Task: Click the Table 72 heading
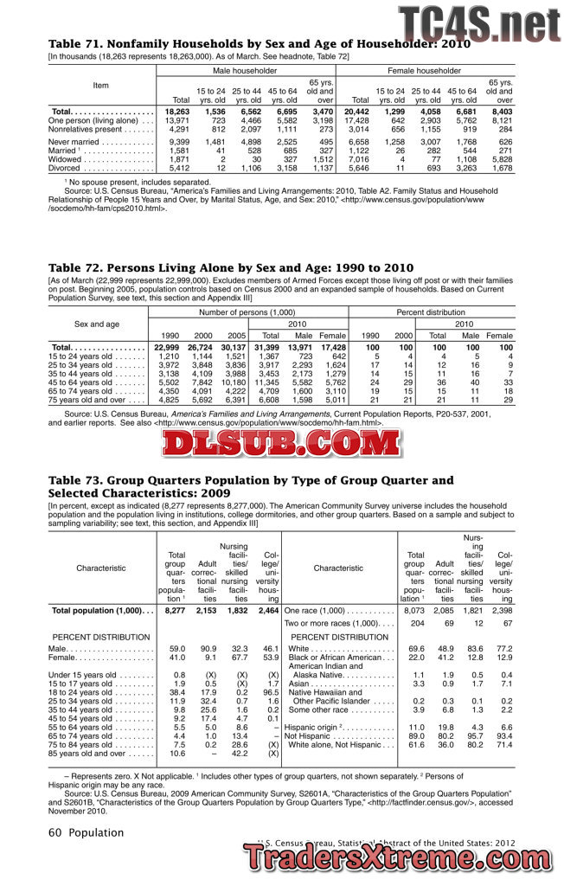[x=218, y=267]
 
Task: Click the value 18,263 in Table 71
[x=176, y=112]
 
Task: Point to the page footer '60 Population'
[x=86, y=832]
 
